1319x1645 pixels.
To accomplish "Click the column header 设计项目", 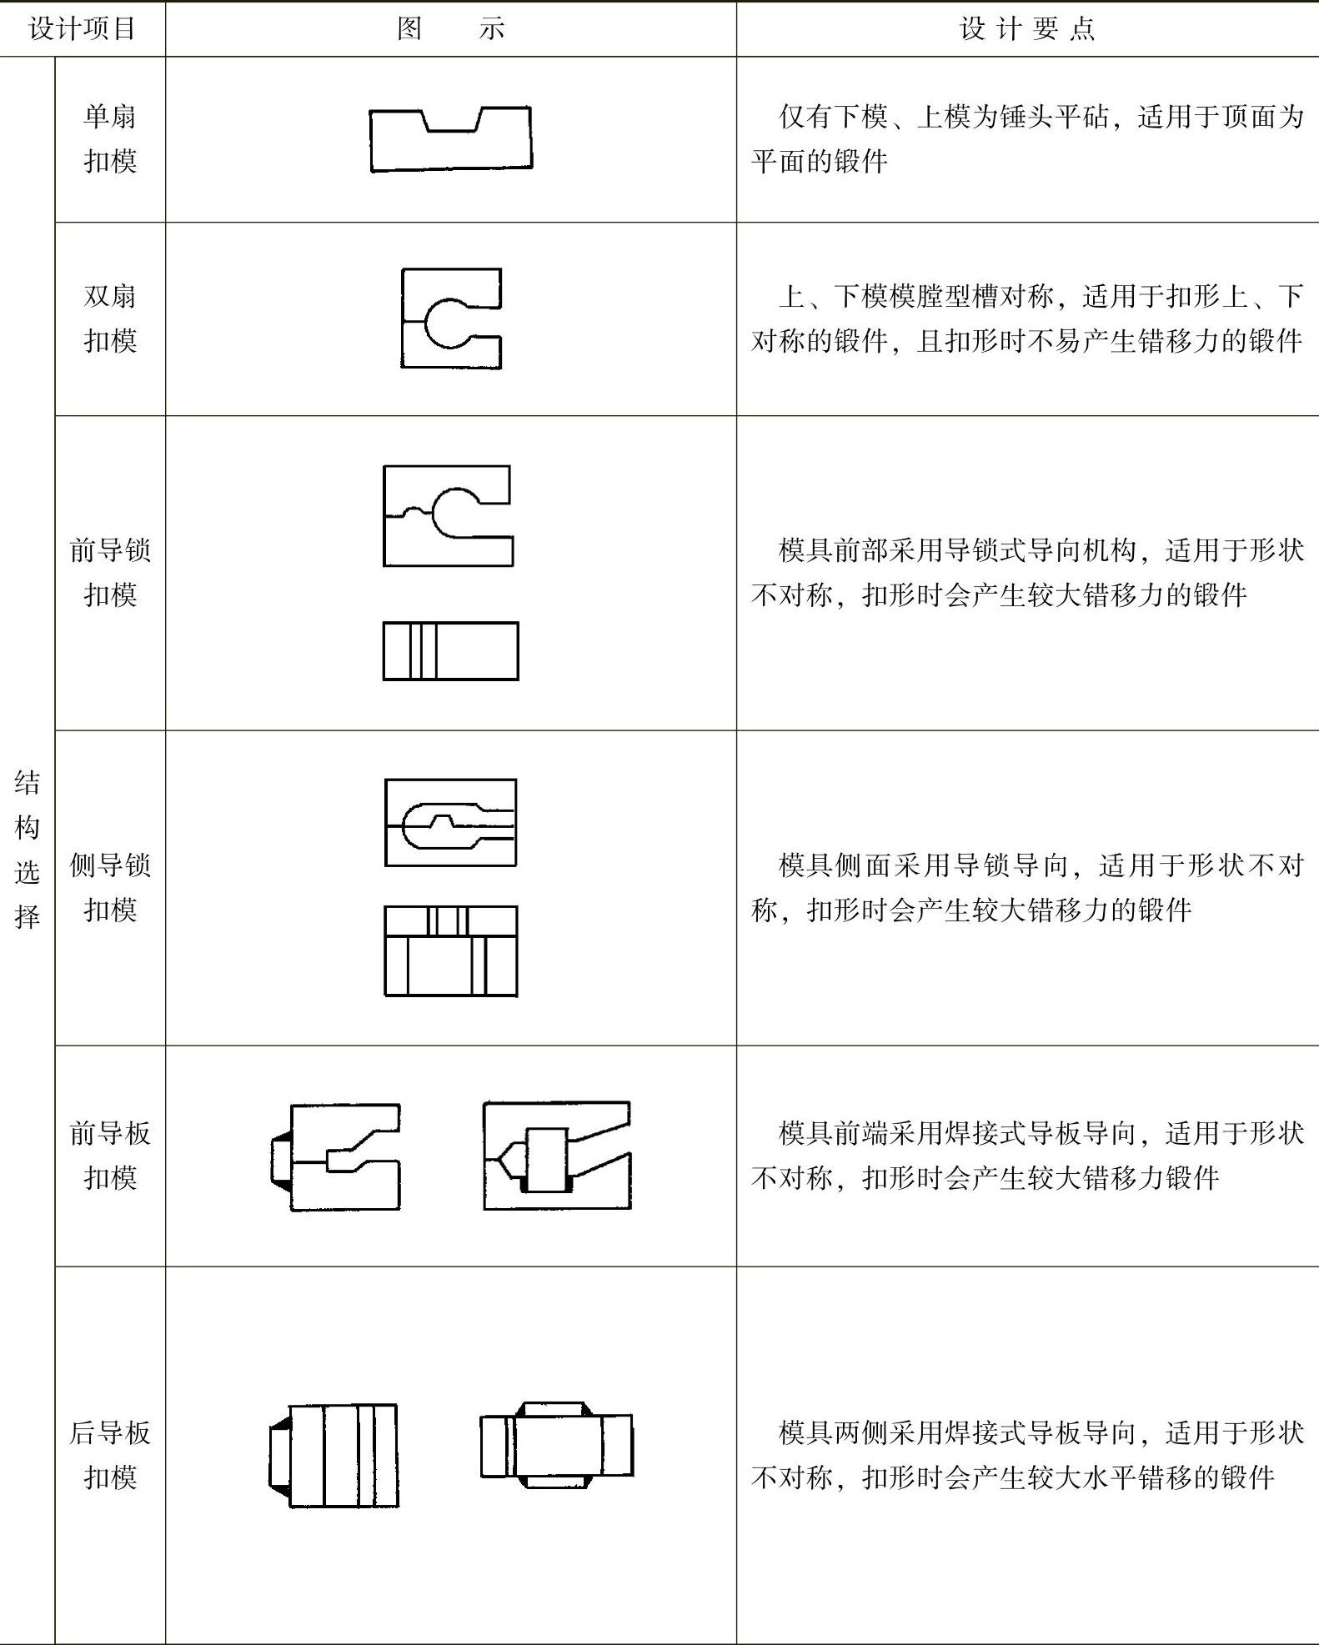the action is pyautogui.click(x=82, y=29).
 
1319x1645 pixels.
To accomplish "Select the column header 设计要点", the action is pyautogui.click(x=1026, y=29).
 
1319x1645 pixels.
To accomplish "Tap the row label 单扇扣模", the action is pyautogui.click(x=110, y=138).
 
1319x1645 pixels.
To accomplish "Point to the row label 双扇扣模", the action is pyautogui.click(x=110, y=318).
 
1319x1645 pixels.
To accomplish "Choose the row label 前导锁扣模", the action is pyautogui.click(x=110, y=572).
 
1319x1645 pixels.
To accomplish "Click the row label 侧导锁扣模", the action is pyautogui.click(x=110, y=887).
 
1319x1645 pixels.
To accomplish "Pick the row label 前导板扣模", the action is pyautogui.click(x=110, y=1155).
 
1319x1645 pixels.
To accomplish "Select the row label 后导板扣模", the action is pyautogui.click(x=110, y=1455).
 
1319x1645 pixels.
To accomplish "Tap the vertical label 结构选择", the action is pyautogui.click(x=28, y=850).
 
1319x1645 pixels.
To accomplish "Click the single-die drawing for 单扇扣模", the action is pyautogui.click(x=450, y=139).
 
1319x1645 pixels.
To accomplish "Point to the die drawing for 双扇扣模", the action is pyautogui.click(x=451, y=318).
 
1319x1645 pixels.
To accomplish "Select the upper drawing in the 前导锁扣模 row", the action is pyautogui.click(x=448, y=516).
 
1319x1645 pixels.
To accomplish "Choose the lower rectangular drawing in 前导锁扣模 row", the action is pyautogui.click(x=450, y=650).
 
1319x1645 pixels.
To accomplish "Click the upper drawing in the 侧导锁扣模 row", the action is pyautogui.click(x=450, y=823).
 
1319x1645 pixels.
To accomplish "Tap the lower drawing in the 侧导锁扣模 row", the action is pyautogui.click(x=450, y=950).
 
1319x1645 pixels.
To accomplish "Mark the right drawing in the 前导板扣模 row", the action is pyautogui.click(x=557, y=1156).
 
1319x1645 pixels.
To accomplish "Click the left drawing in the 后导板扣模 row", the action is pyautogui.click(x=334, y=1455).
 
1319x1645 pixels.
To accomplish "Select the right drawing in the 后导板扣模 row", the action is pyautogui.click(x=556, y=1445).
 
